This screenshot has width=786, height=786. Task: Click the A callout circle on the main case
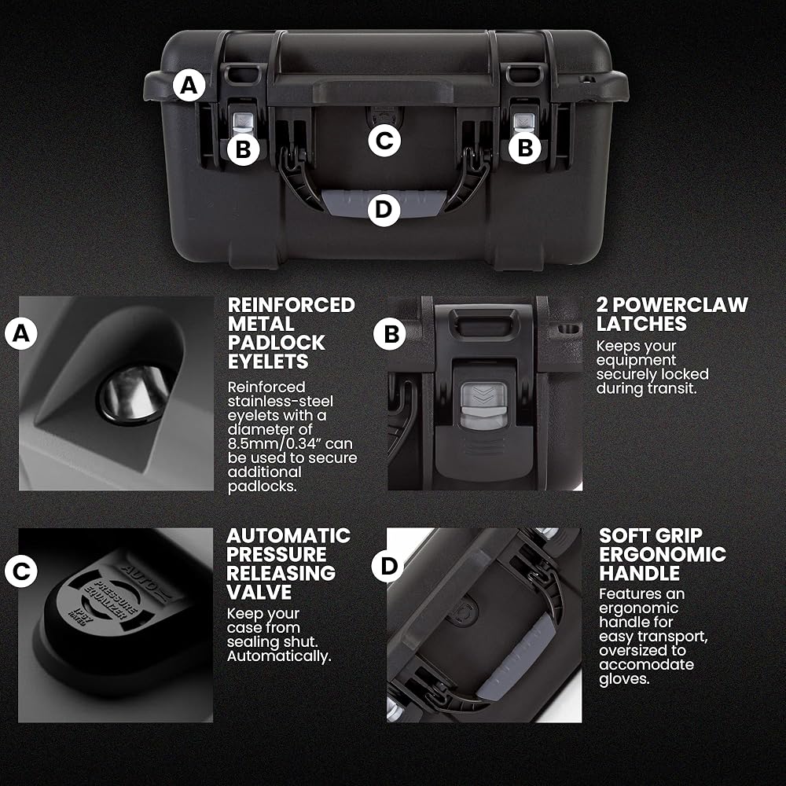tap(189, 85)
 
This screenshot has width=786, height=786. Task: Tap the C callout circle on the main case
tap(384, 141)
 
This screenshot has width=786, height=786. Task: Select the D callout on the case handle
tap(384, 210)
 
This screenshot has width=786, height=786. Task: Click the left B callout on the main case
tap(243, 149)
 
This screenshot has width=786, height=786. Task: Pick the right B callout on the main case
tap(525, 148)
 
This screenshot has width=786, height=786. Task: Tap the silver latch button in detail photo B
tap(483, 406)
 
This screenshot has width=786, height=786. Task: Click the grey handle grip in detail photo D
tap(516, 656)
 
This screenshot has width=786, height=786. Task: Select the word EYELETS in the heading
tap(268, 362)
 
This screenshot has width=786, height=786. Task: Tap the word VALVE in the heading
tap(259, 592)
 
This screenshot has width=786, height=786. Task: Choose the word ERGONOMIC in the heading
tap(663, 554)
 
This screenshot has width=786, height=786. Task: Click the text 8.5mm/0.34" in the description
tap(290, 443)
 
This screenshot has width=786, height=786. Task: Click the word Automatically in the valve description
tap(279, 656)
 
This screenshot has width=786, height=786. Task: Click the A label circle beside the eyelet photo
tap(21, 332)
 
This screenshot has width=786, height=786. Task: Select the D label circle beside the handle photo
tap(388, 566)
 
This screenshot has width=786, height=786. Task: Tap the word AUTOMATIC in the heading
tap(288, 536)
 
